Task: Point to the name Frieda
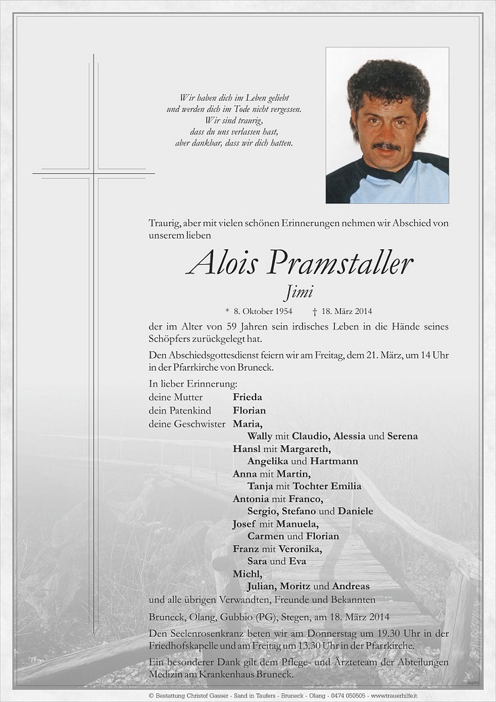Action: click(x=247, y=398)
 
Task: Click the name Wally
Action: click(x=260, y=436)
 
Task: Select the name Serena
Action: click(x=402, y=436)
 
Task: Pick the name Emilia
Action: click(x=346, y=486)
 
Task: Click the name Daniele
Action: click(x=356, y=511)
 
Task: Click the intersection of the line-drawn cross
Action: click(x=93, y=173)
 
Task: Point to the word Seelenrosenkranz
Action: click(x=202, y=633)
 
